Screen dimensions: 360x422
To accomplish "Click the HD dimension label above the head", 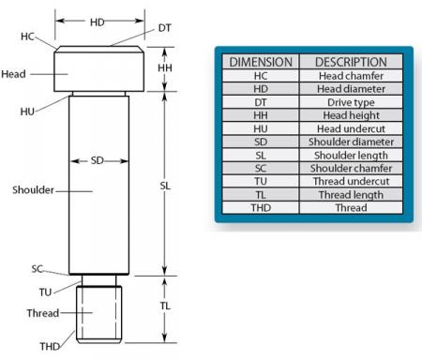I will coord(98,20).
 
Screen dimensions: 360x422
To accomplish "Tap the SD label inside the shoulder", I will coord(98,160).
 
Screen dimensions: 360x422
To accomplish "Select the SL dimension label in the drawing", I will coord(166,186).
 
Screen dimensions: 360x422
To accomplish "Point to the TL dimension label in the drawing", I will coord(165,307).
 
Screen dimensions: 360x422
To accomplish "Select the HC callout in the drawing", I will coord(26,37).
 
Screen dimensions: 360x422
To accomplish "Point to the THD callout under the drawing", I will coord(49,346).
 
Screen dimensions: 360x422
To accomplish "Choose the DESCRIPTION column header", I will coord(351,62).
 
